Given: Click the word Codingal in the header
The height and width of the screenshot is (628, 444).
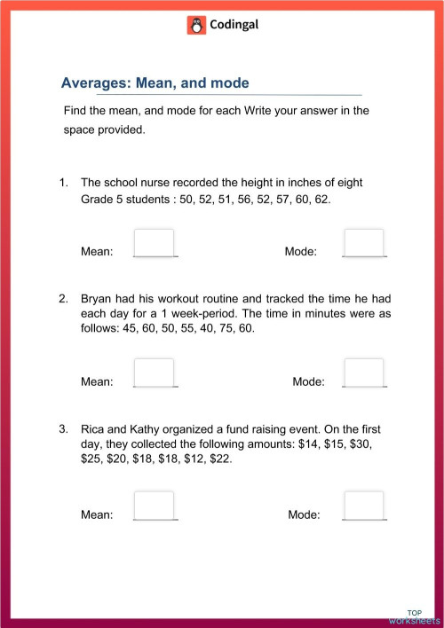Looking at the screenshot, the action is tap(234, 25).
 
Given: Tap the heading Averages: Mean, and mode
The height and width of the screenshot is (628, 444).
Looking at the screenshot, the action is tap(155, 83).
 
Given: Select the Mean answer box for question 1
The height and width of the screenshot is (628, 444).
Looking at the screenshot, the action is tap(154, 242).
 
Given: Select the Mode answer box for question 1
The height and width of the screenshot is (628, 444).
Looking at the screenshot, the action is tap(364, 242).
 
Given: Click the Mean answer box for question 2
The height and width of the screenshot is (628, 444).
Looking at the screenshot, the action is tap(154, 373).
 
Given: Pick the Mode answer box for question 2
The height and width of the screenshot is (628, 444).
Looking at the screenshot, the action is tap(364, 373).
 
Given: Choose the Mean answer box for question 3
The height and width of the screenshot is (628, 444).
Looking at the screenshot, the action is tap(154, 505).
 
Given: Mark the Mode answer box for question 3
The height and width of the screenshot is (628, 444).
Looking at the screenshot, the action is tap(364, 505).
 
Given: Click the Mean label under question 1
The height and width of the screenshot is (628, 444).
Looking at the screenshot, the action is tap(97, 252).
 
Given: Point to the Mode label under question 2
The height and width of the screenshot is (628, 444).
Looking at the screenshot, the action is tap(308, 382).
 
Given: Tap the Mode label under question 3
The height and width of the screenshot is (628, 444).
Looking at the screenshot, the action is tap(305, 514).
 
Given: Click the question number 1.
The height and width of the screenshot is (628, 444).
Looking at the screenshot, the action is tap(63, 183).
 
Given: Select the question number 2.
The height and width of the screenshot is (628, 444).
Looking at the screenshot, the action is tap(63, 298).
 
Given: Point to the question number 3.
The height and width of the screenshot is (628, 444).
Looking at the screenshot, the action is tap(63, 429).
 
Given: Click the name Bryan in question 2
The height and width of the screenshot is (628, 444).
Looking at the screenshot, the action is tap(98, 298).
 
